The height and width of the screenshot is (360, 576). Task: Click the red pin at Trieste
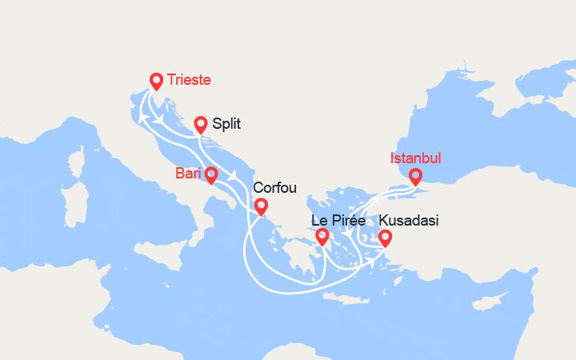(157, 80)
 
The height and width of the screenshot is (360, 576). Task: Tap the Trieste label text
(190, 80)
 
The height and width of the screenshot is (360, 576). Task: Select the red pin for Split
(201, 124)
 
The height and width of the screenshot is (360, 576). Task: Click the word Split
(227, 124)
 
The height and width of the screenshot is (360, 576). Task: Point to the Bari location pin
(211, 174)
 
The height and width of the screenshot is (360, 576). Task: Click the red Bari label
(189, 174)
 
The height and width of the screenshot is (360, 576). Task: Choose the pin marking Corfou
(261, 206)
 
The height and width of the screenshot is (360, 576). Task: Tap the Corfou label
(274, 188)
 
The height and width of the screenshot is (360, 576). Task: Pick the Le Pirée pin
(322, 236)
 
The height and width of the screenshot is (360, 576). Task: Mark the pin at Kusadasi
(385, 238)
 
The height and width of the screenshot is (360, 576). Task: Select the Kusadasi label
(408, 220)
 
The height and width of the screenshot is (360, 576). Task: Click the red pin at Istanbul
(415, 177)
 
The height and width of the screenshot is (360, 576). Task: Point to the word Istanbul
(415, 158)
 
